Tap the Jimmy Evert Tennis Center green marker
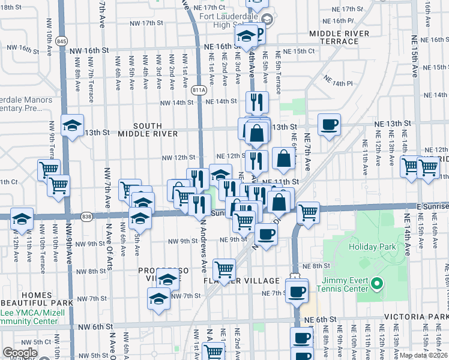[x=376, y=283]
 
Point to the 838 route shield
[x=88, y=216]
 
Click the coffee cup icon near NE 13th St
[x=329, y=125]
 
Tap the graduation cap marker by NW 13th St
[x=72, y=125]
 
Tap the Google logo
[x=20, y=353]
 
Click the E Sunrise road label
[x=432, y=206]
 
